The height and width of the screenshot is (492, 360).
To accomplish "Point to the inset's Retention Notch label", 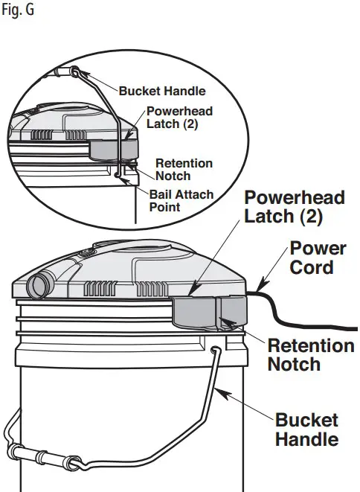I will tap(184, 169).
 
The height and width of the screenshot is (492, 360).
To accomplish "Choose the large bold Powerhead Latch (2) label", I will tap(295, 208).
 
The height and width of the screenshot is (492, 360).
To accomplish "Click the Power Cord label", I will tap(318, 257).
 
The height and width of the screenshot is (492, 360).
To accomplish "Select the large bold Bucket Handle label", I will tap(306, 429).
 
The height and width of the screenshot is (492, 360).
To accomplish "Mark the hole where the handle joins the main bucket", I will tap(214, 348).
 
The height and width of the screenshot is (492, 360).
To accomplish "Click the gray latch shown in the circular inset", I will tap(112, 149).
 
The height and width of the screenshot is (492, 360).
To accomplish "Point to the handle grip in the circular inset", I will tap(67, 72).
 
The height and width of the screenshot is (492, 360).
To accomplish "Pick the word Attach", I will tap(189, 195).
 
